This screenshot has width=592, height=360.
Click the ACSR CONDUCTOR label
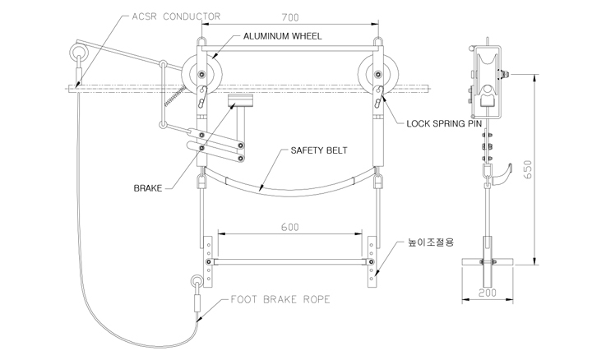click(176, 16)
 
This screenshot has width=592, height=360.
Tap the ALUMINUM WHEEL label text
click(282, 36)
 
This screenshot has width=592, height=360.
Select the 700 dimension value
click(290, 17)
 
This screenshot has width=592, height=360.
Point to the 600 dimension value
click(290, 227)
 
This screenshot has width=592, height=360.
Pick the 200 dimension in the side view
click(488, 293)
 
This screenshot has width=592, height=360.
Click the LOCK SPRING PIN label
click(444, 123)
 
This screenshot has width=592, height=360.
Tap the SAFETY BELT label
click(319, 150)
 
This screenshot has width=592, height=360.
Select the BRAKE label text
click(148, 188)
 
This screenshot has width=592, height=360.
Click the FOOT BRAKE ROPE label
click(280, 299)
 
